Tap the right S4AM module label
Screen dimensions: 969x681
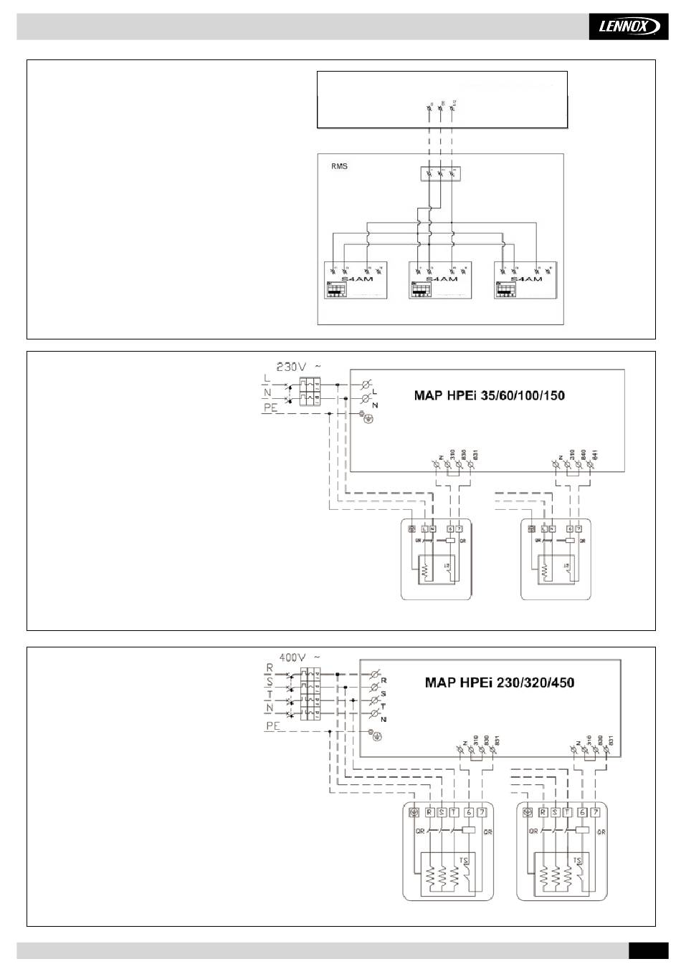tap(526, 279)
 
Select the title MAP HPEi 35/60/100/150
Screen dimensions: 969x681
tap(490, 395)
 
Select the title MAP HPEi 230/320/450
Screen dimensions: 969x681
tap(499, 682)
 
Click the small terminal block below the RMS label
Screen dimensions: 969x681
tap(439, 173)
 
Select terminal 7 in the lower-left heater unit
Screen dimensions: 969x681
tap(482, 812)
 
